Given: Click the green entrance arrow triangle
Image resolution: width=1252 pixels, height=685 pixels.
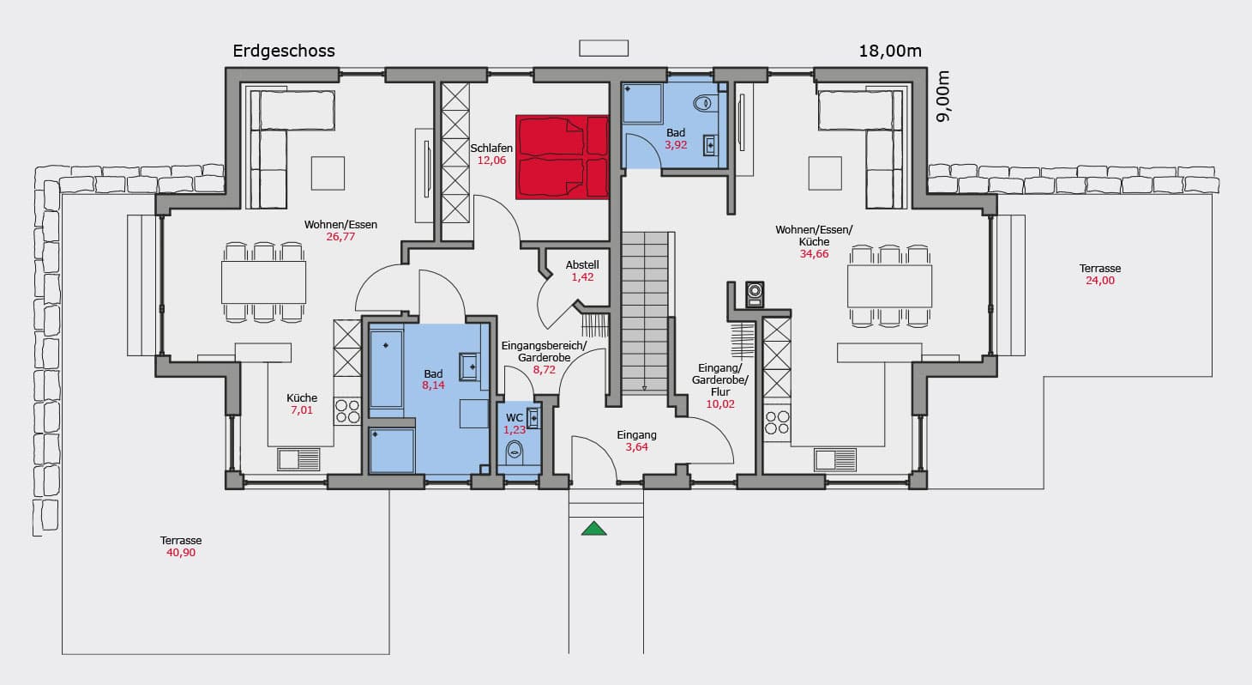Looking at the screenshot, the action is point(593,528).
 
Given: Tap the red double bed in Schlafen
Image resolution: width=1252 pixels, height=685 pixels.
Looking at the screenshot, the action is point(562,157).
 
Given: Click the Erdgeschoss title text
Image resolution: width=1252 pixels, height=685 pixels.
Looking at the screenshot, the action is point(283,51).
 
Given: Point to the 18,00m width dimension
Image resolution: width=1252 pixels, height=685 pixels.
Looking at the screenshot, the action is point(890,51).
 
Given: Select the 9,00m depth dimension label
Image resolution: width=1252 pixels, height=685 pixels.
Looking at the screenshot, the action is point(943,95).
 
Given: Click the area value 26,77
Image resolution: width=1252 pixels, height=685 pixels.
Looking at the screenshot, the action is point(340,237).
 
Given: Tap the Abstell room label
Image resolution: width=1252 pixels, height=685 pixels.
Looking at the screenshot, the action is point(582,264).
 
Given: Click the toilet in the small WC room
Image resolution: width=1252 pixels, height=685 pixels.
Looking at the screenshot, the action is point(515,452).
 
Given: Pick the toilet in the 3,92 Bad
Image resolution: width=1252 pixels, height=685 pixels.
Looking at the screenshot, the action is point(704,103).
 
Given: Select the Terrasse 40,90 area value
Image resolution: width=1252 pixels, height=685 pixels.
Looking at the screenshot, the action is point(181,552).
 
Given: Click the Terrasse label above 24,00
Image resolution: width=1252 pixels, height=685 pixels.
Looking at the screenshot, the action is point(1100,268).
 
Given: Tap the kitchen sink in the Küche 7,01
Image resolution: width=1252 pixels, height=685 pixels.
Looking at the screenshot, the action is point(298,459).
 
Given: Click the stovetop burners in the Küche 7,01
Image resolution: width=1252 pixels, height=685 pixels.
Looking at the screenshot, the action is point(347,411).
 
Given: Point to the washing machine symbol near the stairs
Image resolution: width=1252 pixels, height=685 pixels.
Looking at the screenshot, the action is point(755,294).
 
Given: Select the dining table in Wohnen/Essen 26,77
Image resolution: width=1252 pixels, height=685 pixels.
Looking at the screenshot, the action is point(263,282).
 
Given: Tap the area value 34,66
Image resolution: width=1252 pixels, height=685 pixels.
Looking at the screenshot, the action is point(814,254).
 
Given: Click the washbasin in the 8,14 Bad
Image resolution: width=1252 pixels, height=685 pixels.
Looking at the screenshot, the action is point(468,367).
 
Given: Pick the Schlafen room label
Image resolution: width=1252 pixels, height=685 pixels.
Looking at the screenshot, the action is point(491,149).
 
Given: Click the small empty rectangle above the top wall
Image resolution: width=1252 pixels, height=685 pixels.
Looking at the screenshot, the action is point(604,49).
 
